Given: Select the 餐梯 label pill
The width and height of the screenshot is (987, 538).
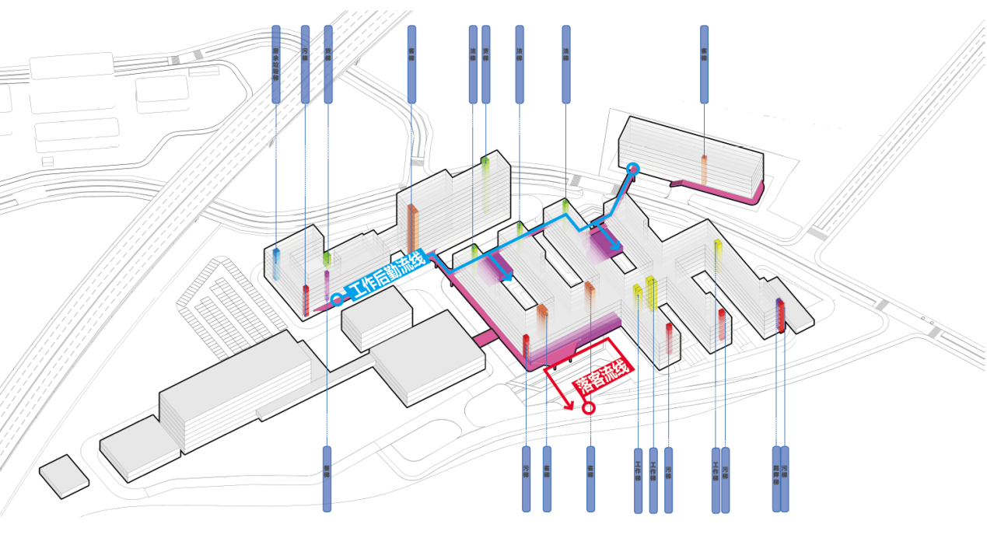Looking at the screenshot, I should coord(327,479).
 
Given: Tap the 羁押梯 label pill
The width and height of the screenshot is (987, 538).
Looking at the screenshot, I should coord(775,479).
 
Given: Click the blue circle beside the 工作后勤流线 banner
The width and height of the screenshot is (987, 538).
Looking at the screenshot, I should coord(337,299).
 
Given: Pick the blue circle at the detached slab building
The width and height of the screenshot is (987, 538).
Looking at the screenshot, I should coord(633,168).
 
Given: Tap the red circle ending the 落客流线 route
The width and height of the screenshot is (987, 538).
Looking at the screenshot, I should coord(589,407).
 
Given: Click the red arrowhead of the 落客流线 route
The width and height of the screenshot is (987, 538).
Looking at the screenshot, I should coord(569,405).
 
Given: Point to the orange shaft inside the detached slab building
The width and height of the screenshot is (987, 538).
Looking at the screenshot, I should coord(704,169).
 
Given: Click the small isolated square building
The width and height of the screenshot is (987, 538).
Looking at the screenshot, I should coord(64,476).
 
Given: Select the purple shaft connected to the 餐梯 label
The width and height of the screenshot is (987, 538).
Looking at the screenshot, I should coord(327,285).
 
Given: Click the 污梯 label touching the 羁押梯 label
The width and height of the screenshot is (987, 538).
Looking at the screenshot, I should coord(785,479).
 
